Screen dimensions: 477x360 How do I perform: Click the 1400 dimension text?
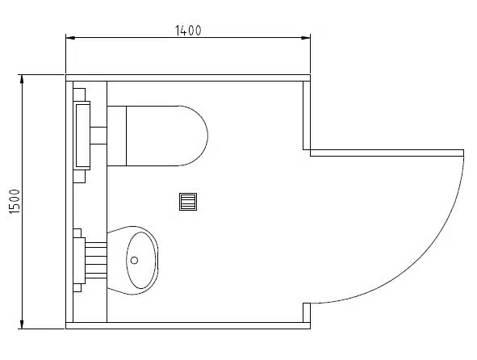coord(188,31)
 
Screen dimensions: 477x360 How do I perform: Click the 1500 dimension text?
coord(15,201)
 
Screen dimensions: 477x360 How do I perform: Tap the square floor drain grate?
coord(188,202)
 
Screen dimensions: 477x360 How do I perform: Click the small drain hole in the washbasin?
coord(134,260)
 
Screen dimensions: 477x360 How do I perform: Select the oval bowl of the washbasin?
coord(141,260)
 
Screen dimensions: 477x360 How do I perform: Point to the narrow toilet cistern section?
coord(117,136)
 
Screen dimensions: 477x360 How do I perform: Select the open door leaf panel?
coord(387,153)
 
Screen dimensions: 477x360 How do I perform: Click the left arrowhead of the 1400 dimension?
coord(70,38)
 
